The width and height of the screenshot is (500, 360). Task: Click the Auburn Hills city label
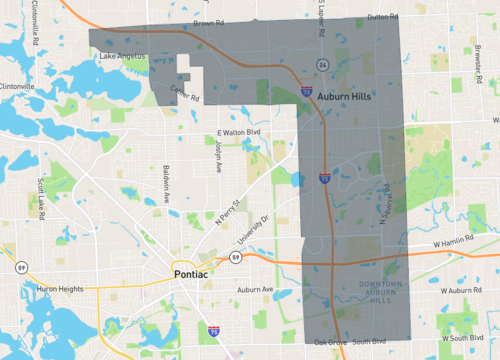tap(345, 102)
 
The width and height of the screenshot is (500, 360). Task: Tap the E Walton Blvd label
tap(239, 132)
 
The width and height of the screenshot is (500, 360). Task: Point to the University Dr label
tap(251, 234)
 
